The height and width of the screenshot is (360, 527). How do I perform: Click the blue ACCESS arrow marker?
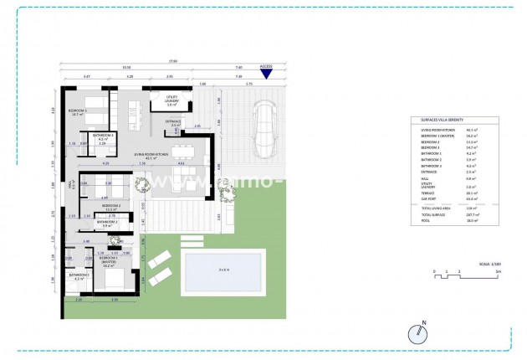266,74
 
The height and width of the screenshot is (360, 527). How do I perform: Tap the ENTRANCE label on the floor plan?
173,122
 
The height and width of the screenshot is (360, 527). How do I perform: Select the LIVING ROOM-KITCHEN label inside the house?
151,155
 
